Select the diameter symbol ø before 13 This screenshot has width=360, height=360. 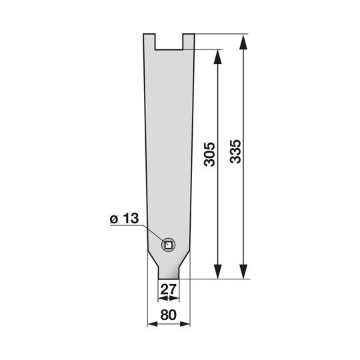113,219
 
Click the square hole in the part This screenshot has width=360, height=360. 168,245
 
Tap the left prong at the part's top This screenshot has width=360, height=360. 151,41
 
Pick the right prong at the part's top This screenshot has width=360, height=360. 189,41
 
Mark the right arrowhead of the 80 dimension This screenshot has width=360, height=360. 189,325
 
